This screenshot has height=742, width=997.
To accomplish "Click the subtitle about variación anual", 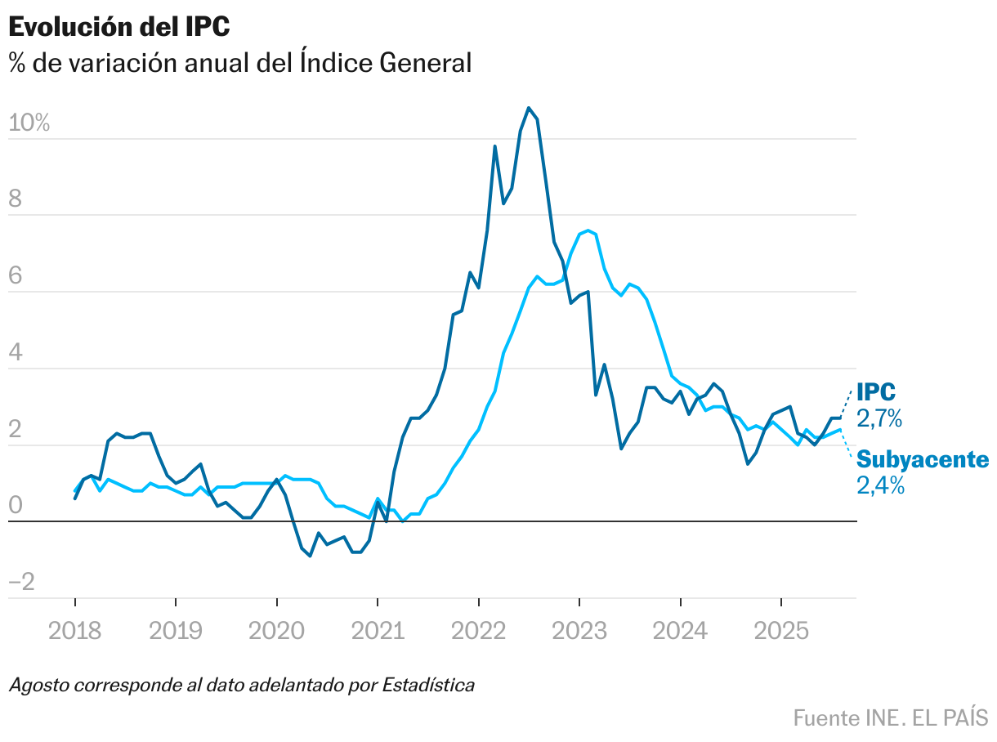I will pyautogui.click(x=240, y=63).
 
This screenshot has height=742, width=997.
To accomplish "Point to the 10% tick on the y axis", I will pyautogui.click(x=29, y=123).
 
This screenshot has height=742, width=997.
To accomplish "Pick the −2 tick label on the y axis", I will pyautogui.click(x=22, y=583).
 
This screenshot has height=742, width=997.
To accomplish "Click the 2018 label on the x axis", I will pyautogui.click(x=75, y=632).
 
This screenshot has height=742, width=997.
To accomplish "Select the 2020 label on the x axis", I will pyautogui.click(x=276, y=632).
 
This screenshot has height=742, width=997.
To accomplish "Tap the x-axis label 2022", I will pyautogui.click(x=478, y=632).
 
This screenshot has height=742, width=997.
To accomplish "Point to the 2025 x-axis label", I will pyautogui.click(x=780, y=632).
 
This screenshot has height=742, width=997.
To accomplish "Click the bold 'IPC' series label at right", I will pyautogui.click(x=876, y=392).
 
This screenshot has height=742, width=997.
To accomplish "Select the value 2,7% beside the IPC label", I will pyautogui.click(x=879, y=419).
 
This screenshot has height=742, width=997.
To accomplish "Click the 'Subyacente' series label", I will pyautogui.click(x=922, y=459).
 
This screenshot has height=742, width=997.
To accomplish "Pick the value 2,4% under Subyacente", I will pyautogui.click(x=880, y=486).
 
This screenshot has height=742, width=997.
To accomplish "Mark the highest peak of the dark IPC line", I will pyautogui.click(x=529, y=108).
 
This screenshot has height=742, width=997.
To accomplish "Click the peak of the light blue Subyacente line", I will pyautogui.click(x=588, y=230).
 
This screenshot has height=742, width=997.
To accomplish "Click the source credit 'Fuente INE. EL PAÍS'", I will pyautogui.click(x=890, y=718).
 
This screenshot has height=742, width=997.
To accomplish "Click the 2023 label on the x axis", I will pyautogui.click(x=579, y=632).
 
